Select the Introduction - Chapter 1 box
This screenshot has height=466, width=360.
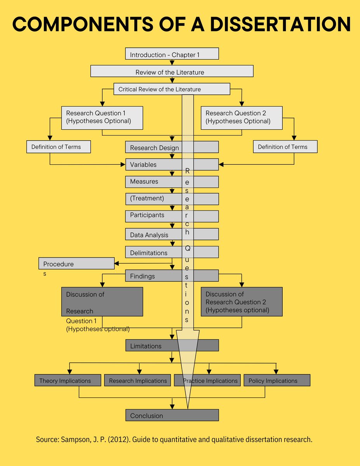click(172, 54)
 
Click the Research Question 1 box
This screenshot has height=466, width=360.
click(102, 118)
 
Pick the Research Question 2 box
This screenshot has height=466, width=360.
click(241, 118)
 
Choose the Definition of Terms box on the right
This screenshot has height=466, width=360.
click(285, 147)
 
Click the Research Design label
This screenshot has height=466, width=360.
click(154, 148)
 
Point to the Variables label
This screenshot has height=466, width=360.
click(143, 165)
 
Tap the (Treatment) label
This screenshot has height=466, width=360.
click(147, 198)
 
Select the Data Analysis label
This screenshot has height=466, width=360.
click(149, 235)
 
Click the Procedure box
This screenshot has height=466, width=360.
click(76, 264)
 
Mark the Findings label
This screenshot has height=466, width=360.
click(142, 276)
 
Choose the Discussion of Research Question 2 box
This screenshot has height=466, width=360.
click(241, 302)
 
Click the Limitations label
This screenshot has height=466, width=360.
click(146, 346)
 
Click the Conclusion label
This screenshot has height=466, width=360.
click(146, 416)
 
